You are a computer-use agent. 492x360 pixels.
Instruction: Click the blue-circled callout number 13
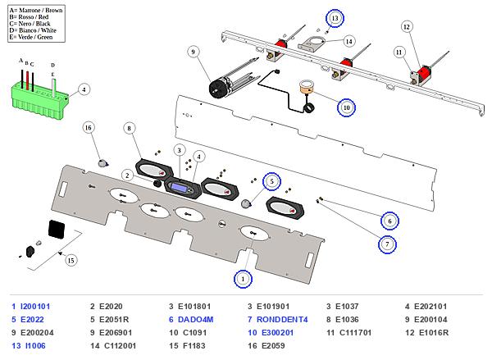click(x=335, y=18)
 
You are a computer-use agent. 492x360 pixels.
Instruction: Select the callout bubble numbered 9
click(x=193, y=52)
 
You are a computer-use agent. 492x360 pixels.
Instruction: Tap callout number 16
click(x=89, y=128)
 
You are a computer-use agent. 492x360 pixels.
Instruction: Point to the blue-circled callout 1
click(x=243, y=279)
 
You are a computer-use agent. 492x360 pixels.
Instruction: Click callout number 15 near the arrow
click(x=71, y=260)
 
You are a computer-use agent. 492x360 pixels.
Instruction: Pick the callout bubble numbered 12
click(x=407, y=27)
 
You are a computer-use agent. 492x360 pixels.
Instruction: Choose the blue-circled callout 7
click(x=387, y=244)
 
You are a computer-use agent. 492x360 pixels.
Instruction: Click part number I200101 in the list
click(x=35, y=307)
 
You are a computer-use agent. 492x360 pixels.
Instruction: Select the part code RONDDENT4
click(x=282, y=320)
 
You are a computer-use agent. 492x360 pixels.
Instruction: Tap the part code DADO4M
click(x=195, y=320)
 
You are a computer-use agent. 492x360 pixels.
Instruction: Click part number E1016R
click(x=434, y=333)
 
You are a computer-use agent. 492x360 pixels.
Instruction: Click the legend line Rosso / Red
click(x=29, y=17)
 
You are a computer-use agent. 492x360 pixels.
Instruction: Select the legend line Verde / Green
click(x=31, y=37)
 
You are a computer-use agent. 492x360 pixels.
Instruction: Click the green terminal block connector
click(x=40, y=100)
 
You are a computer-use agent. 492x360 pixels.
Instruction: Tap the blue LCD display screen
click(x=178, y=187)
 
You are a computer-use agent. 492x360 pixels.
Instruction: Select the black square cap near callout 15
click(x=57, y=229)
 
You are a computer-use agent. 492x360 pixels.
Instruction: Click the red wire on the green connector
click(x=28, y=80)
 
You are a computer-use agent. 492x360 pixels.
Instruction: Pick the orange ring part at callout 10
click(x=307, y=89)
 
